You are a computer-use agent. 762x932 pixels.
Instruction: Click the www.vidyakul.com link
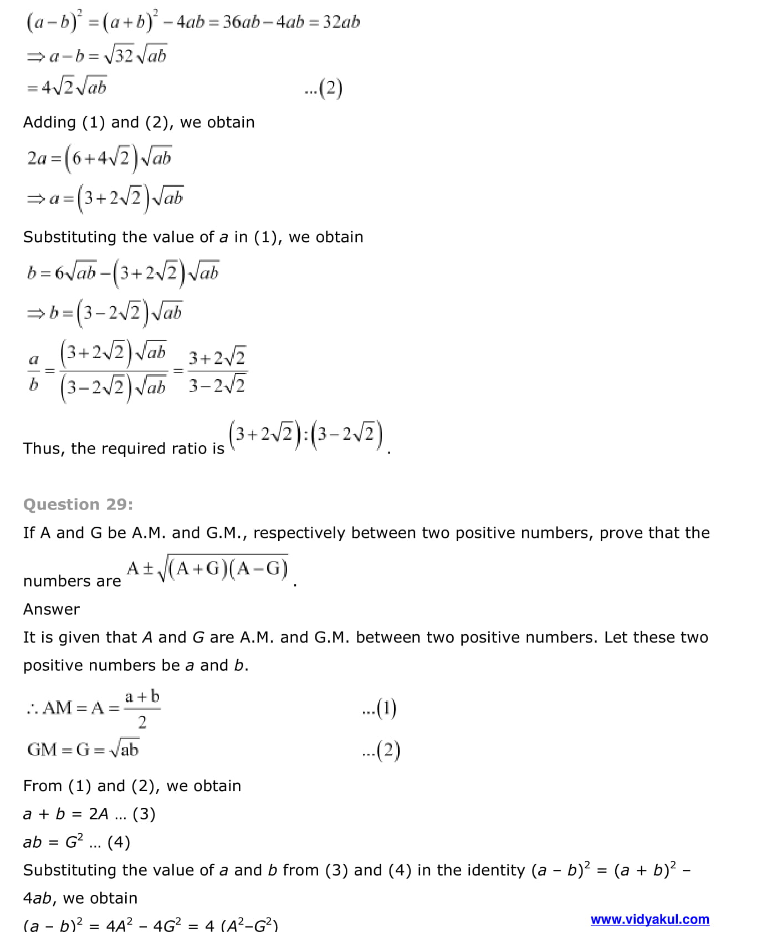pyautogui.click(x=650, y=919)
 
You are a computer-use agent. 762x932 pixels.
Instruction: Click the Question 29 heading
pyautogui.click(x=78, y=505)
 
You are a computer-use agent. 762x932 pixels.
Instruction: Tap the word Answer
pyautogui.click(x=52, y=609)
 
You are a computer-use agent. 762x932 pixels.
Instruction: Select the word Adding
pyautogui.click(x=49, y=123)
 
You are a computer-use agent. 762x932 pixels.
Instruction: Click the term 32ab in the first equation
pyautogui.click(x=341, y=22)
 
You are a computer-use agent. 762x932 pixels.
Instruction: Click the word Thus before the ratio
pyautogui.click(x=42, y=449)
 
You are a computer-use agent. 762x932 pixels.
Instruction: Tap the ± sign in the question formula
pyautogui.click(x=148, y=569)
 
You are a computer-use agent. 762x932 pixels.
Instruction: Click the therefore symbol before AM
pyautogui.click(x=32, y=709)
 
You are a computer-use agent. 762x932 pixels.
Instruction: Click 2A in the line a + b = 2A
pyautogui.click(x=99, y=814)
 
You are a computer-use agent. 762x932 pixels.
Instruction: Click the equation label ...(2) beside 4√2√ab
pyautogui.click(x=324, y=89)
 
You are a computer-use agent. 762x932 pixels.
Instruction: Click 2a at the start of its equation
pyautogui.click(x=37, y=159)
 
